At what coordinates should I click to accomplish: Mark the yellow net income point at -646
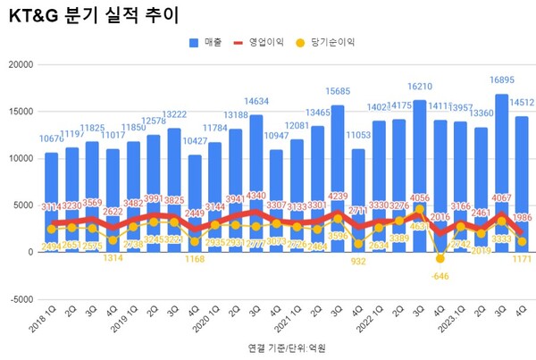tap(440, 259)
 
